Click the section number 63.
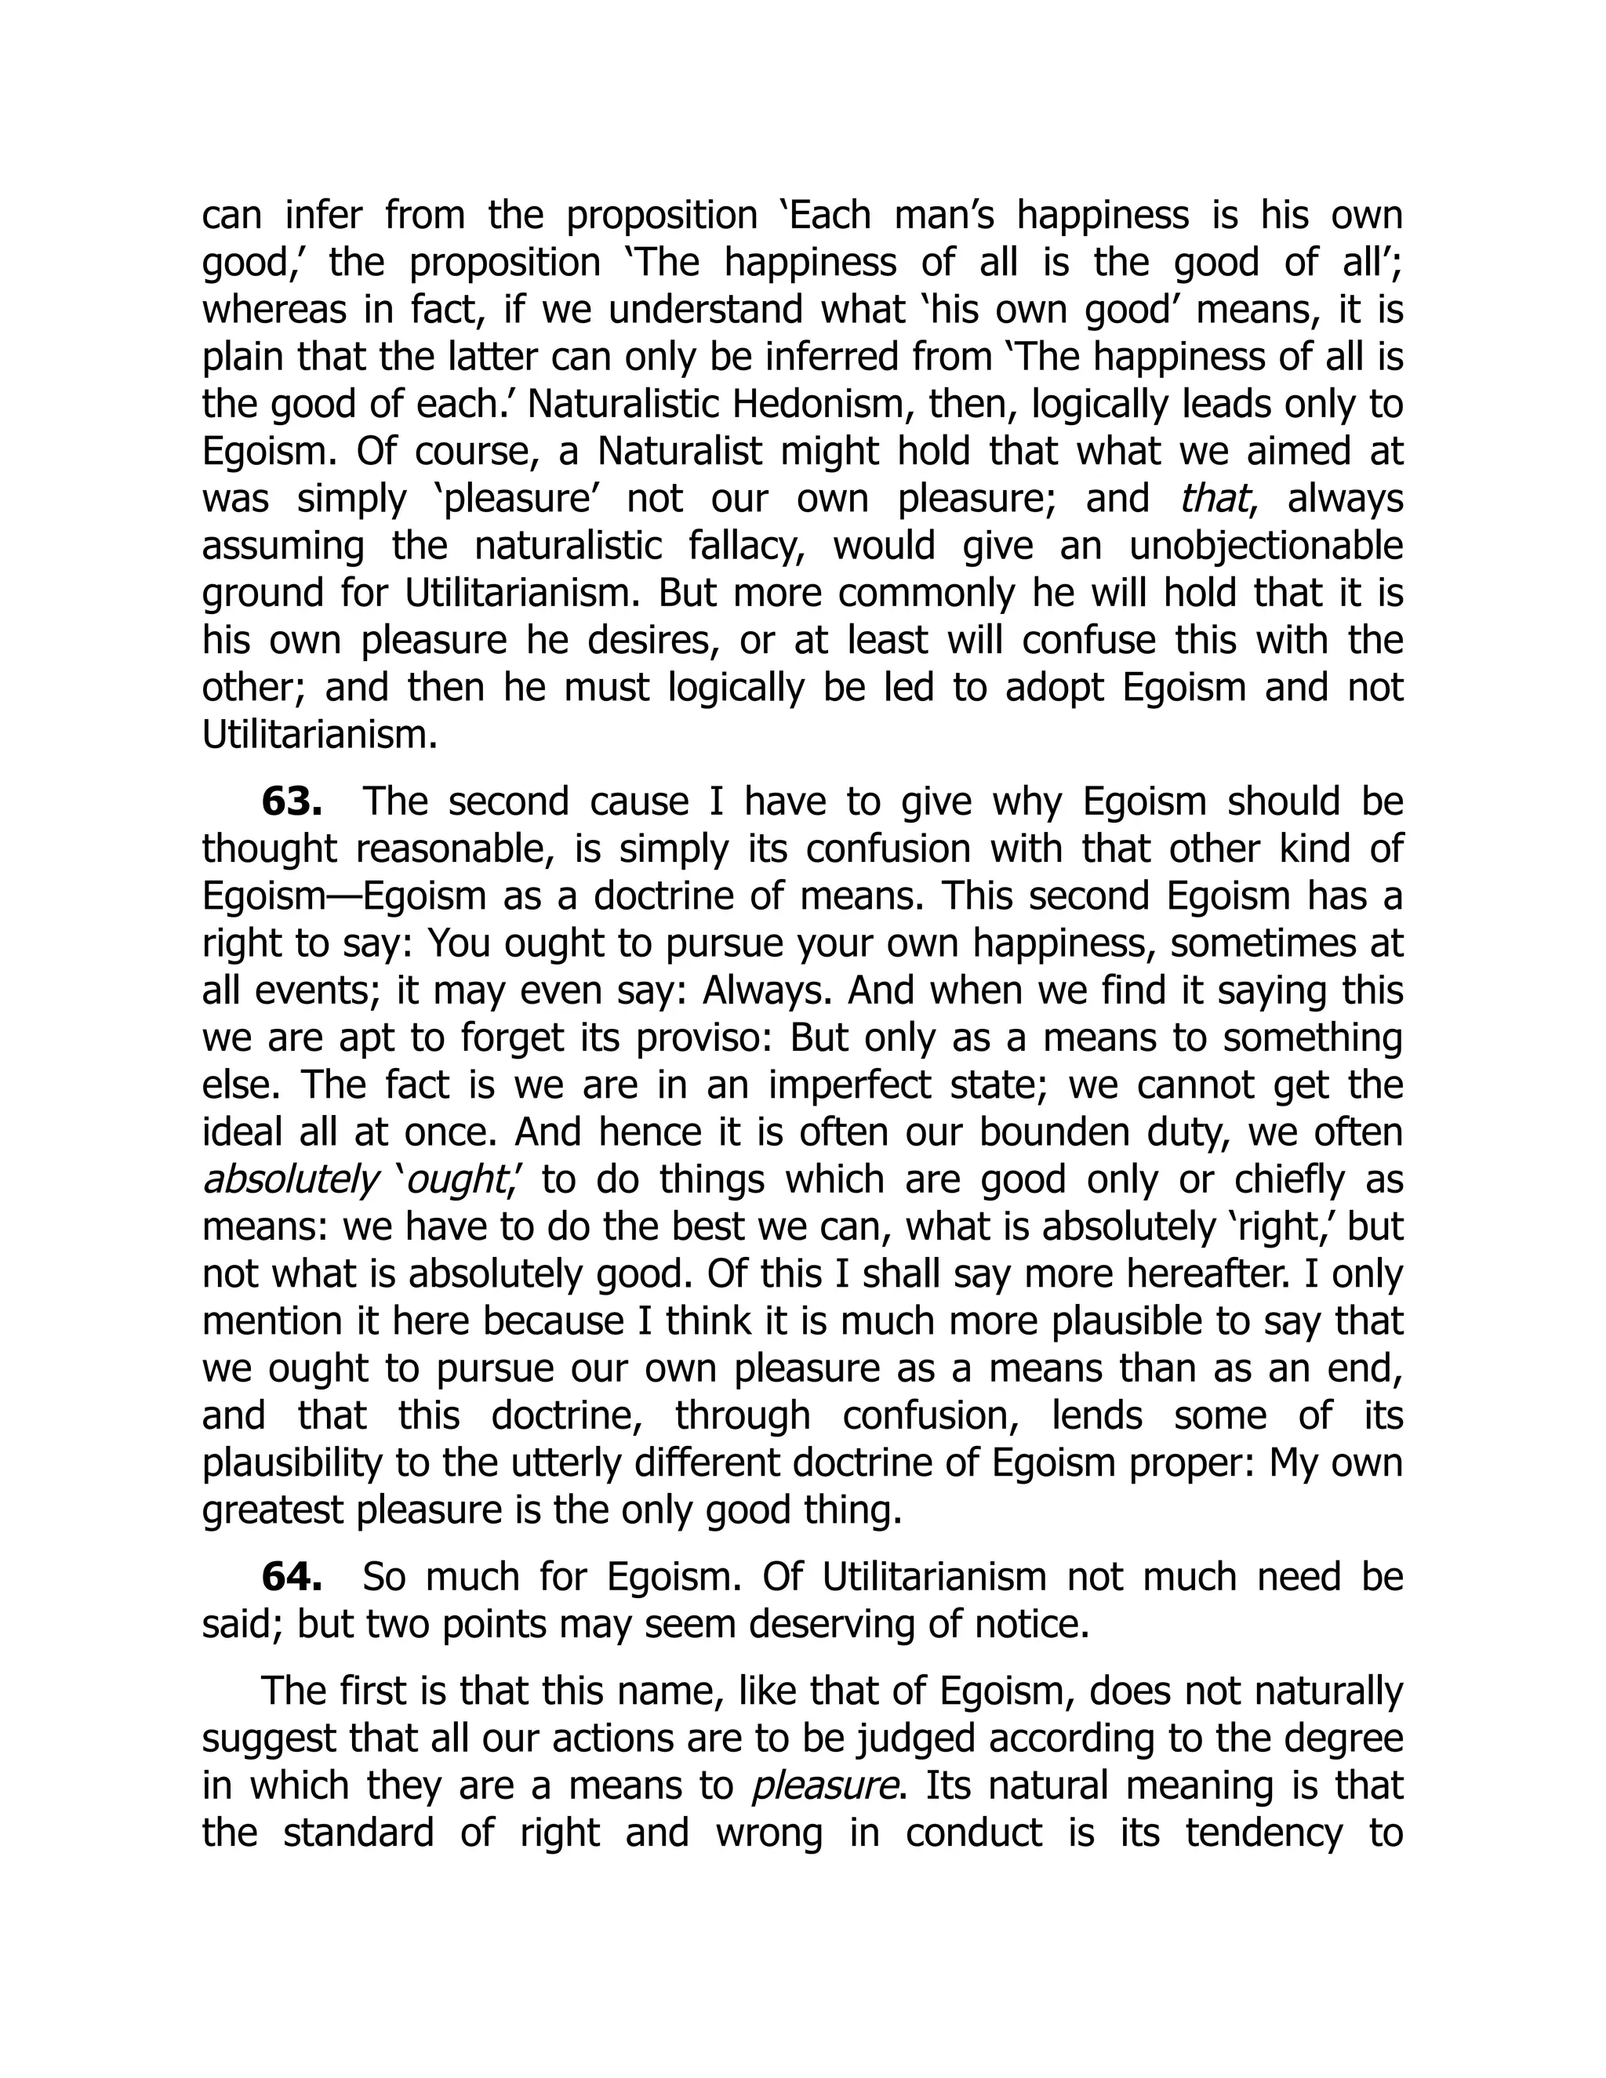pyautogui.click(x=291, y=802)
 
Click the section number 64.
pyautogui.click(x=291, y=1578)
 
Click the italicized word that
pyautogui.click(x=1212, y=499)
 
